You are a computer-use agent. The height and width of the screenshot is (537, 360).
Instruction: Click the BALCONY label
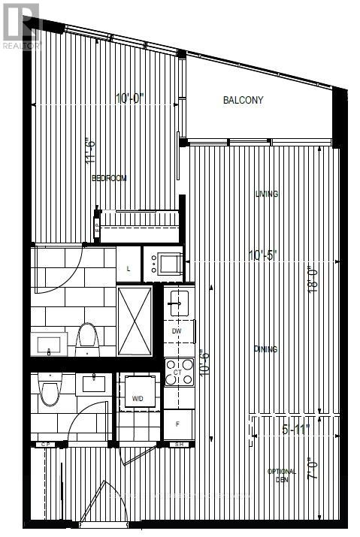[x=244, y=100]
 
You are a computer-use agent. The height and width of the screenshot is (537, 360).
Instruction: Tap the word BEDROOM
[x=109, y=178]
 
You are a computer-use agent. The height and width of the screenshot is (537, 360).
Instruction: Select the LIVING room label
[x=266, y=194]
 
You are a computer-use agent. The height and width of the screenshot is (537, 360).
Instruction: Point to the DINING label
[x=265, y=349]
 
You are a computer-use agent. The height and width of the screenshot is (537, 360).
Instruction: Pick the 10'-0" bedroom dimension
[x=130, y=98]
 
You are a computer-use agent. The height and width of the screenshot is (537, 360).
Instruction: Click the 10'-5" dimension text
[x=263, y=255]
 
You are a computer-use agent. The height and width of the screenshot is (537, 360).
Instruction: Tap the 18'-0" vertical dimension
[x=314, y=280]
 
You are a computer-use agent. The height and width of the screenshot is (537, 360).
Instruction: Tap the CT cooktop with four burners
[x=180, y=372]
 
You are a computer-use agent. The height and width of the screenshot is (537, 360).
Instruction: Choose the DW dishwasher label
[x=176, y=330]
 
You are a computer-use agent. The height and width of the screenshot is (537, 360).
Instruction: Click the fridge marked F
[x=177, y=424]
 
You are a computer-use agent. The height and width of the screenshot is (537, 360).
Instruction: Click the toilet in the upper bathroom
[x=87, y=339]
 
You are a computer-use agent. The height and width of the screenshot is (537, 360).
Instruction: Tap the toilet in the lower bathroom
[x=50, y=389]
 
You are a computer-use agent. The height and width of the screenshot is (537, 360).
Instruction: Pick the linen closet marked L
[x=129, y=268]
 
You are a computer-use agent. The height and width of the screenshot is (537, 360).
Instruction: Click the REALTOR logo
[x=21, y=26]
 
